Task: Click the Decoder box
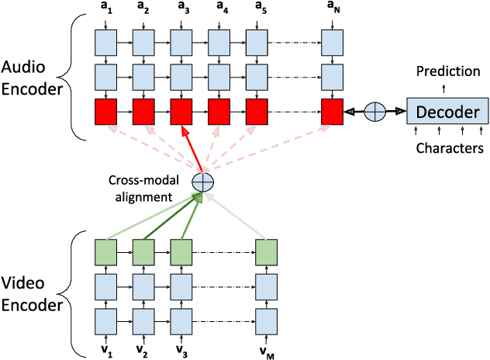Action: [448, 112]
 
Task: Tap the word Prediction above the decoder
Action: [448, 71]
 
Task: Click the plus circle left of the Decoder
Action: [375, 112]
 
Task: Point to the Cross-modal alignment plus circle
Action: [202, 182]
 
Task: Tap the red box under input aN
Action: [333, 112]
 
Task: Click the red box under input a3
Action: [181, 112]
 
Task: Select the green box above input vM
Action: [267, 252]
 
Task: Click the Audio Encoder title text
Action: [32, 77]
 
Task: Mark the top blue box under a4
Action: [219, 40]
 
